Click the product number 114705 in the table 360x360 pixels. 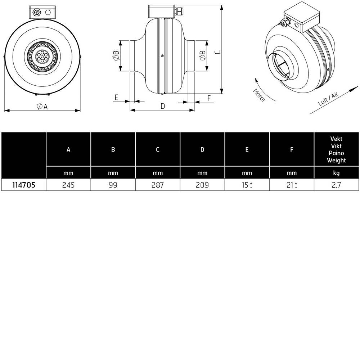pyautogui.click(x=24, y=185)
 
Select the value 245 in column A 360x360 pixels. pyautogui.click(x=68, y=185)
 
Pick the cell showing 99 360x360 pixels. pyautogui.click(x=113, y=185)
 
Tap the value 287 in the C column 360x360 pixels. pyautogui.click(x=158, y=185)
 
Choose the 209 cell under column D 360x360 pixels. pyautogui.click(x=202, y=185)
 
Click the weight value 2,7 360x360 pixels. pyautogui.click(x=336, y=185)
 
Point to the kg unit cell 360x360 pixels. pyautogui.click(x=336, y=173)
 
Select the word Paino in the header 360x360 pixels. pyautogui.click(x=336, y=153)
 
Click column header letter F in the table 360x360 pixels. pyautogui.click(x=292, y=150)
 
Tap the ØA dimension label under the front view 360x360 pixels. pyautogui.click(x=42, y=106)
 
